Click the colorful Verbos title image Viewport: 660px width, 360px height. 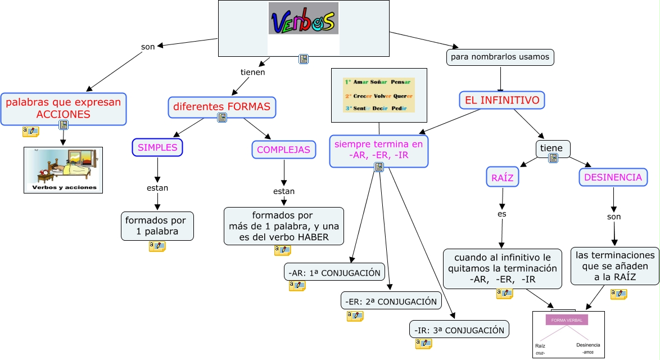pos(304,19)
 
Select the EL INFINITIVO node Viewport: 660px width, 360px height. pos(502,101)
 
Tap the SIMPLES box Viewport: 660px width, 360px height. pos(157,147)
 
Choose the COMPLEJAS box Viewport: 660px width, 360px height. pos(283,150)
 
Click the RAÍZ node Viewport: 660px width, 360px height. pos(502,177)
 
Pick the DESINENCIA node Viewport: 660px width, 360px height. pos(613,177)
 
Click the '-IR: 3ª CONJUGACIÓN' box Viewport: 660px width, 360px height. pos(459,330)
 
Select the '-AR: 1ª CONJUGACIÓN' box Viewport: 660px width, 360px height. pos(334,273)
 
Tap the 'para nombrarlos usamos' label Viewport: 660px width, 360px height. pos(500,57)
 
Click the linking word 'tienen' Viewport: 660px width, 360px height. pos(252,72)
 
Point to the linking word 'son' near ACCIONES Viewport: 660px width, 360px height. pos(148,47)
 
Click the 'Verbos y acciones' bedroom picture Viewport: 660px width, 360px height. pos(64,170)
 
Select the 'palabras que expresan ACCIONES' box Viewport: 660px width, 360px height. pos(64,108)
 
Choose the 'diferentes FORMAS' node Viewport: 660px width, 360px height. pos(221,106)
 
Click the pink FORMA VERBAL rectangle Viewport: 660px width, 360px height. pos(566,320)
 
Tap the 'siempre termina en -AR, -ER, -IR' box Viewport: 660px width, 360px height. pos(378,149)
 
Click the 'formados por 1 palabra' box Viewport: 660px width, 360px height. pos(157,226)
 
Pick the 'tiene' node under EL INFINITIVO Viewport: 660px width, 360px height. pos(551,148)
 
